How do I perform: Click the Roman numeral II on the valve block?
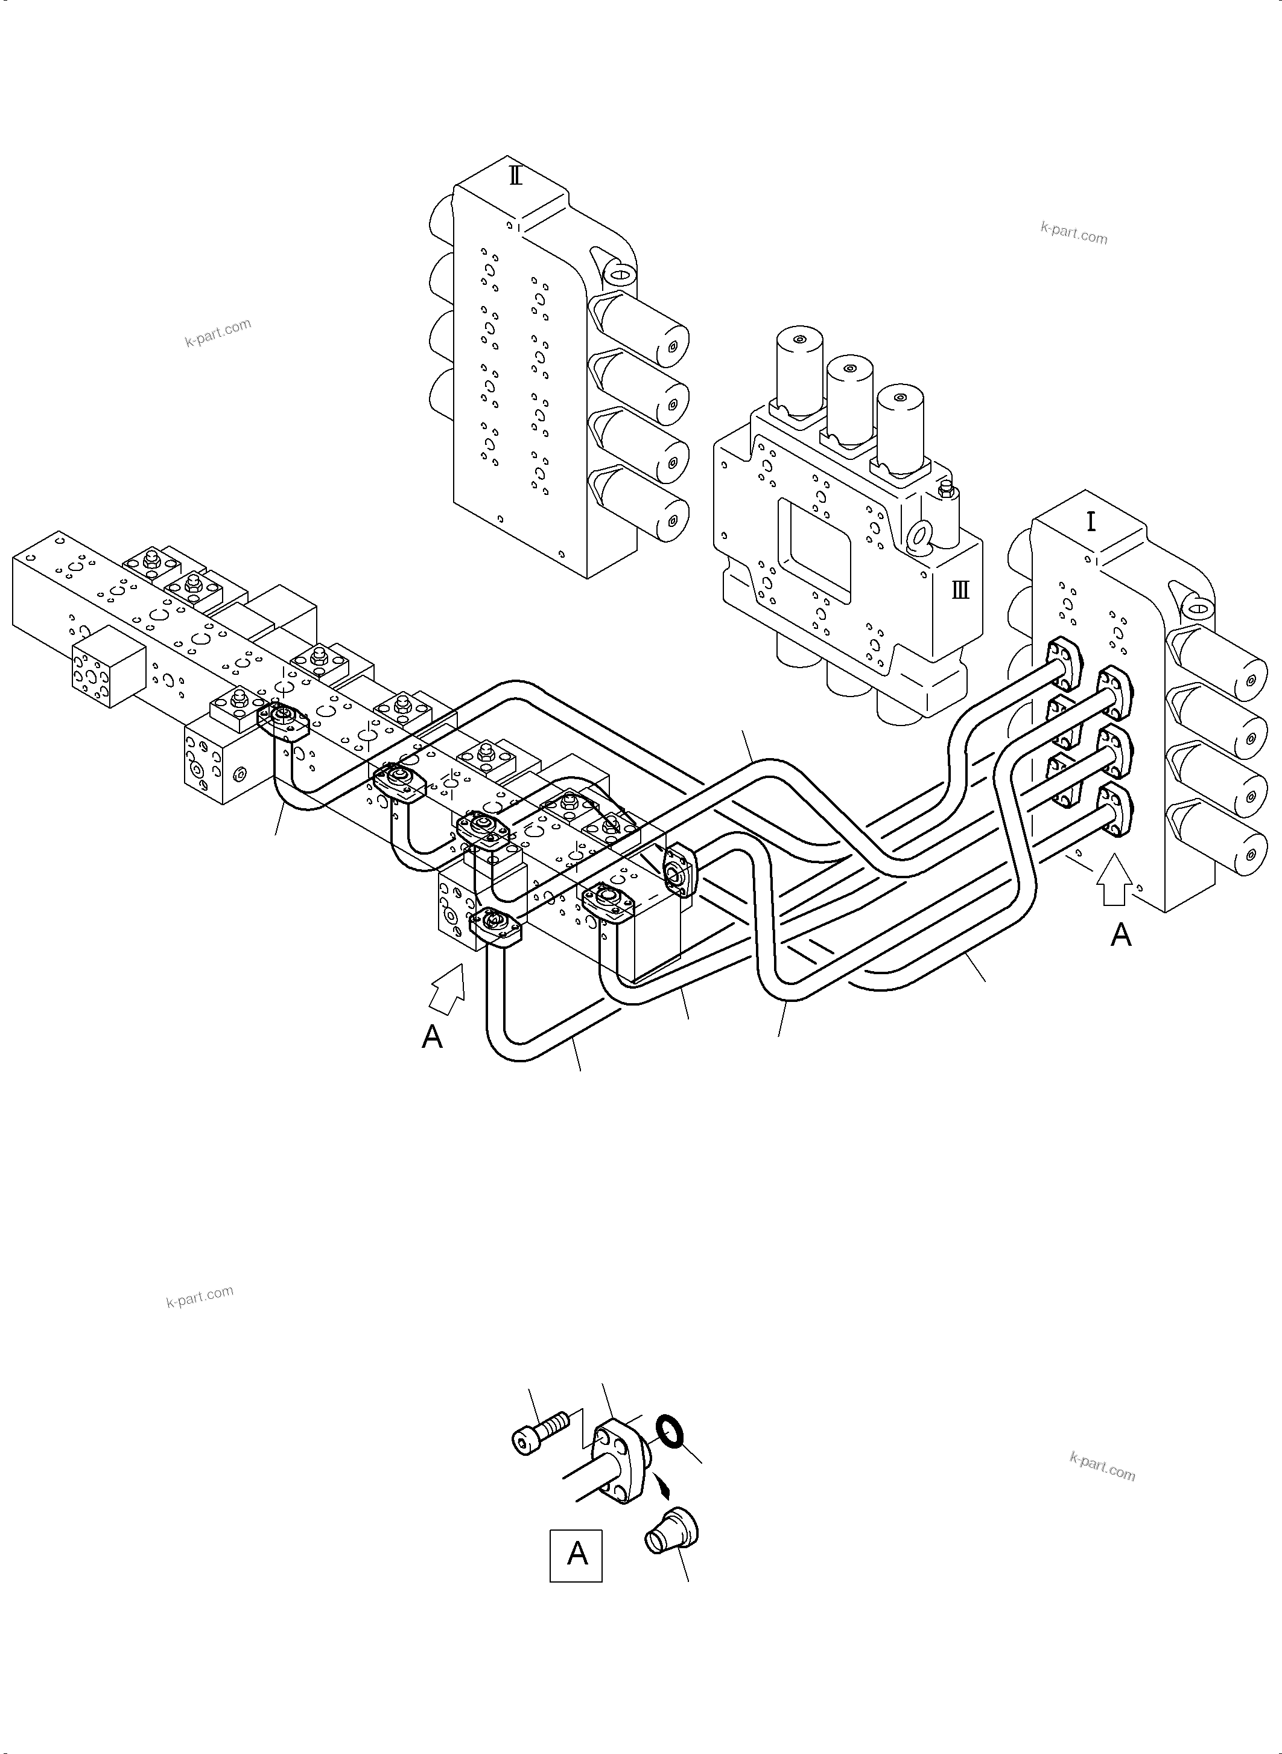[515, 176]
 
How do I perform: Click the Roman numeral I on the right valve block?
[1091, 521]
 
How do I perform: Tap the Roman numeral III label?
[960, 591]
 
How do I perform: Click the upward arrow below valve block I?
[1114, 881]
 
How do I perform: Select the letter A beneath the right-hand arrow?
[1120, 935]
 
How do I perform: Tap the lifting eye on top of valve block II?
[618, 274]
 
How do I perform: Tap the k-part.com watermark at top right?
[1073, 233]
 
